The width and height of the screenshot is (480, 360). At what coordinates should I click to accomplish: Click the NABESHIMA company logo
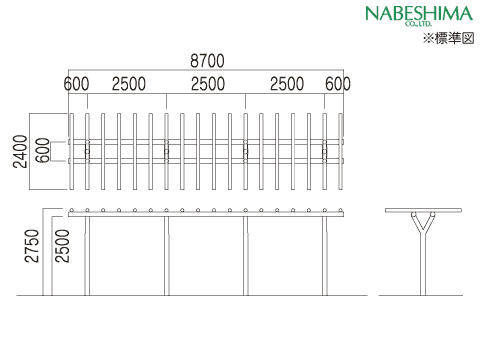click(x=419, y=15)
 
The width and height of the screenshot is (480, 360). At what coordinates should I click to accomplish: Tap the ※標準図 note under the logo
click(x=448, y=38)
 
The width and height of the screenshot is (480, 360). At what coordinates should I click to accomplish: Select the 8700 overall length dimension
click(x=207, y=61)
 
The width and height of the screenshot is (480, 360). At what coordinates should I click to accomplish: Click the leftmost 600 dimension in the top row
click(x=76, y=84)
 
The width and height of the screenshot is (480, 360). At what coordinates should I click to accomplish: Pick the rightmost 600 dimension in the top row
click(x=338, y=84)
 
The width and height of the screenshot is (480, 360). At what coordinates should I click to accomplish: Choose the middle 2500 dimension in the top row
click(x=208, y=84)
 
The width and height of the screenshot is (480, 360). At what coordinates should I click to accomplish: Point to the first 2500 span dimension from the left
click(x=129, y=84)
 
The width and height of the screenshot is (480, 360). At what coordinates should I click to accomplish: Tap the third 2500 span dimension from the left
click(x=287, y=84)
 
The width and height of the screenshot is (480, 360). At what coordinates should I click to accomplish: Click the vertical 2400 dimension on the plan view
click(x=20, y=151)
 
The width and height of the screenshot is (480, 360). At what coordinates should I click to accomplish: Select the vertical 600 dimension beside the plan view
click(x=43, y=150)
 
